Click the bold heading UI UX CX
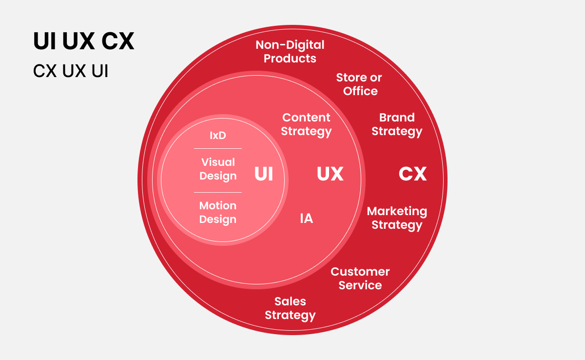tap(83, 41)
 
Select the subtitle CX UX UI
tap(71, 71)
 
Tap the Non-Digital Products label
tap(290, 52)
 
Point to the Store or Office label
tap(359, 84)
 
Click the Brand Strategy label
tap(397, 124)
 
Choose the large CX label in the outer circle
tap(412, 174)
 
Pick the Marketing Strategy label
tap(397, 218)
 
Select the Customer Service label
tap(360, 278)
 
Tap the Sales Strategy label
tap(290, 308)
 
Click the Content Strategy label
tap(306, 124)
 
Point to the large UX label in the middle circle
tap(330, 174)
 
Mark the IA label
tap(306, 219)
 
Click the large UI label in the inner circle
tap(264, 174)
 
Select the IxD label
tap(218, 135)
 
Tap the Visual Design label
tap(218, 169)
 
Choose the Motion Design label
tap(218, 212)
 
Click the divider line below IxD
tap(218, 148)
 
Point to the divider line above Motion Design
tap(218, 192)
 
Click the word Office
tap(360, 91)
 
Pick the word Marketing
tap(397, 212)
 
